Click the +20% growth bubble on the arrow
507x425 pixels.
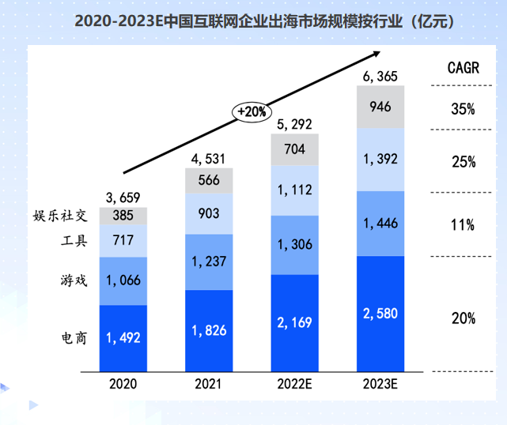pos(250,112)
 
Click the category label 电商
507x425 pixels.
pos(74,337)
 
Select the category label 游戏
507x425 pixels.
pos(74,280)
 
